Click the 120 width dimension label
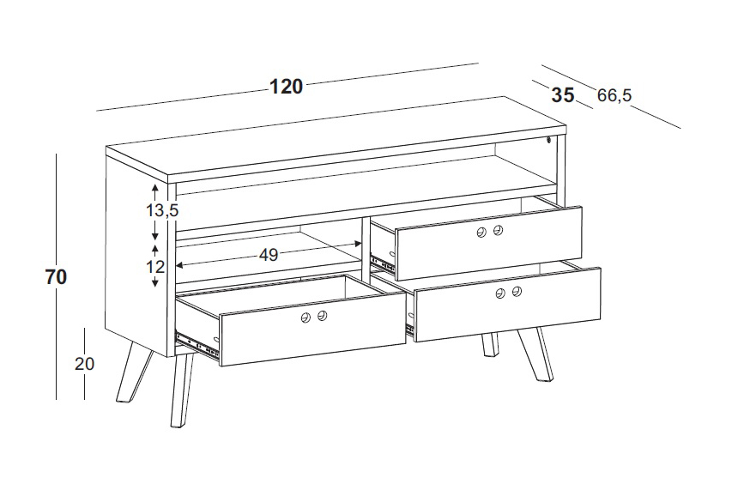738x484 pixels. pyautogui.click(x=286, y=87)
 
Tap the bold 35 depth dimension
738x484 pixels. pyautogui.click(x=563, y=95)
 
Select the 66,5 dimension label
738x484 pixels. pyautogui.click(x=614, y=95)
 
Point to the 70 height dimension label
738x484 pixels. pyautogui.click(x=56, y=277)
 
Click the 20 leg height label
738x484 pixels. pyautogui.click(x=85, y=364)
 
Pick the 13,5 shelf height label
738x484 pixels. pyautogui.click(x=162, y=210)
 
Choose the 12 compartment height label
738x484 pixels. pyautogui.click(x=155, y=268)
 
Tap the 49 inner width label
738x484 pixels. pyautogui.click(x=269, y=255)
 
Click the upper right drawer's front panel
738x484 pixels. pyautogui.click(x=489, y=243)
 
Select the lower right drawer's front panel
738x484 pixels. pyautogui.click(x=507, y=305)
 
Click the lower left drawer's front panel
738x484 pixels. pyautogui.click(x=313, y=329)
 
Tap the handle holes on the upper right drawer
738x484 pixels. pyautogui.click(x=489, y=231)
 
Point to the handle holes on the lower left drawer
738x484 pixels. pyautogui.click(x=313, y=317)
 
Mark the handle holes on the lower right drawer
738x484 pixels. pyautogui.click(x=509, y=293)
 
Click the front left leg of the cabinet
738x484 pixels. pyautogui.click(x=182, y=390)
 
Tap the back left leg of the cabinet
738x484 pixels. pyautogui.click(x=133, y=375)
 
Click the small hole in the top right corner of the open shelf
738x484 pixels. pyautogui.click(x=549, y=140)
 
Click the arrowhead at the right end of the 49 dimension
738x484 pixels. pyautogui.click(x=358, y=244)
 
